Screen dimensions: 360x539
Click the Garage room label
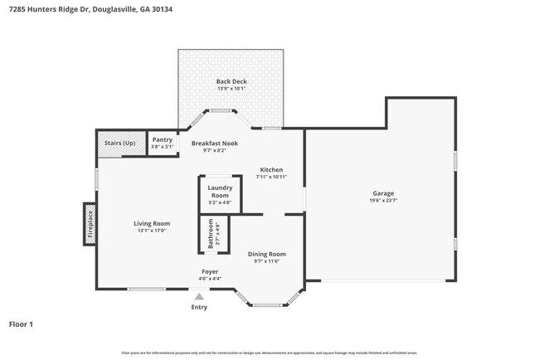(382, 193)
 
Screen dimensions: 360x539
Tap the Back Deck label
(231, 81)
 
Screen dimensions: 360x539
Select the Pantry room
(162, 140)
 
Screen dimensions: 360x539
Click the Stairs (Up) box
(121, 143)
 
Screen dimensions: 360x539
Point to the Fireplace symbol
(90, 225)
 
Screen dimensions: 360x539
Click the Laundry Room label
(220, 192)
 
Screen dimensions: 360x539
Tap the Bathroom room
(211, 234)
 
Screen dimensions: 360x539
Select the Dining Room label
(267, 254)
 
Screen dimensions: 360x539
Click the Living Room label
(152, 223)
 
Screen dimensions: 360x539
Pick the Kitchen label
(271, 169)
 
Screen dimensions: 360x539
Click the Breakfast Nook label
(215, 144)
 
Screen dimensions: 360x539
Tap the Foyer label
(211, 271)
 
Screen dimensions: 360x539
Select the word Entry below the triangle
(199, 307)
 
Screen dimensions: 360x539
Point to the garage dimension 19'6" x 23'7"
(382, 200)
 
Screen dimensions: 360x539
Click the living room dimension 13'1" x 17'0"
(152, 231)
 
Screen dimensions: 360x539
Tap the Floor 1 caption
(21, 324)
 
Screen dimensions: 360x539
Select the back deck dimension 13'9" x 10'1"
(231, 89)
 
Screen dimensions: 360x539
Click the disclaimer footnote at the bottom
(269, 353)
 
